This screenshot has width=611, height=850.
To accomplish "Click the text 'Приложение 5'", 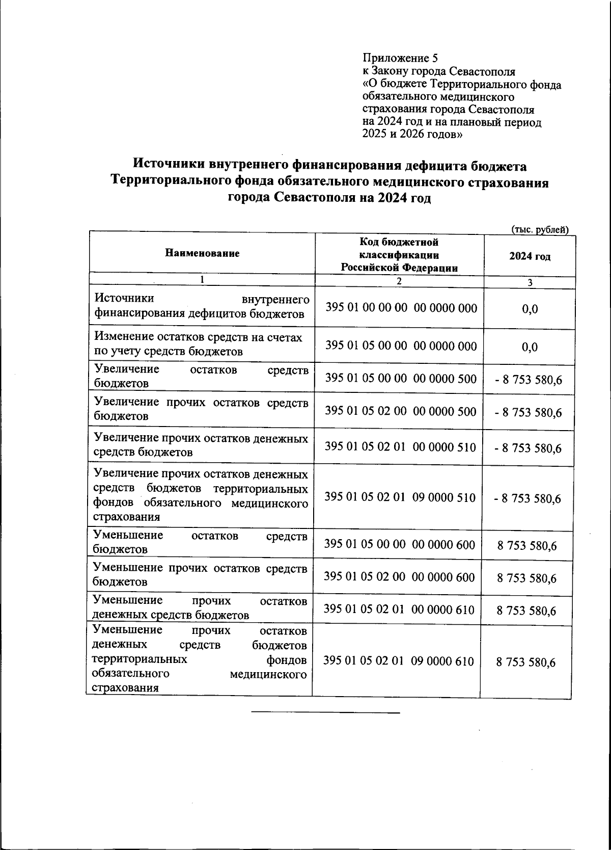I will click(400, 58).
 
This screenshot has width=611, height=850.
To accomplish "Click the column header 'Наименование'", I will click(202, 253).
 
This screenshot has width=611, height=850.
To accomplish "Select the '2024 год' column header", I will click(530, 256).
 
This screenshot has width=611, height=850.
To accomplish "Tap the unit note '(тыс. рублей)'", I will click(539, 230).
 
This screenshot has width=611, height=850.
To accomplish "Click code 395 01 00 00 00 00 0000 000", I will click(401, 308).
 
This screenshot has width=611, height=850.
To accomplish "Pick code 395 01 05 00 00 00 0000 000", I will click(401, 346).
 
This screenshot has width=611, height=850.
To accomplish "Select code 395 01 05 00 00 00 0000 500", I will click(401, 379).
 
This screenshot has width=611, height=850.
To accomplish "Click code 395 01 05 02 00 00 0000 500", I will click(401, 411).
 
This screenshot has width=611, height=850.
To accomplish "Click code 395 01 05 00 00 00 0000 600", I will click(400, 545).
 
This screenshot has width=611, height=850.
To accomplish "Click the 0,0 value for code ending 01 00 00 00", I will click(530, 309).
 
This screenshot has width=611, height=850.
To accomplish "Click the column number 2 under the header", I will click(399, 281).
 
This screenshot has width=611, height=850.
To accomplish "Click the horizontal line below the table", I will click(326, 712).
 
